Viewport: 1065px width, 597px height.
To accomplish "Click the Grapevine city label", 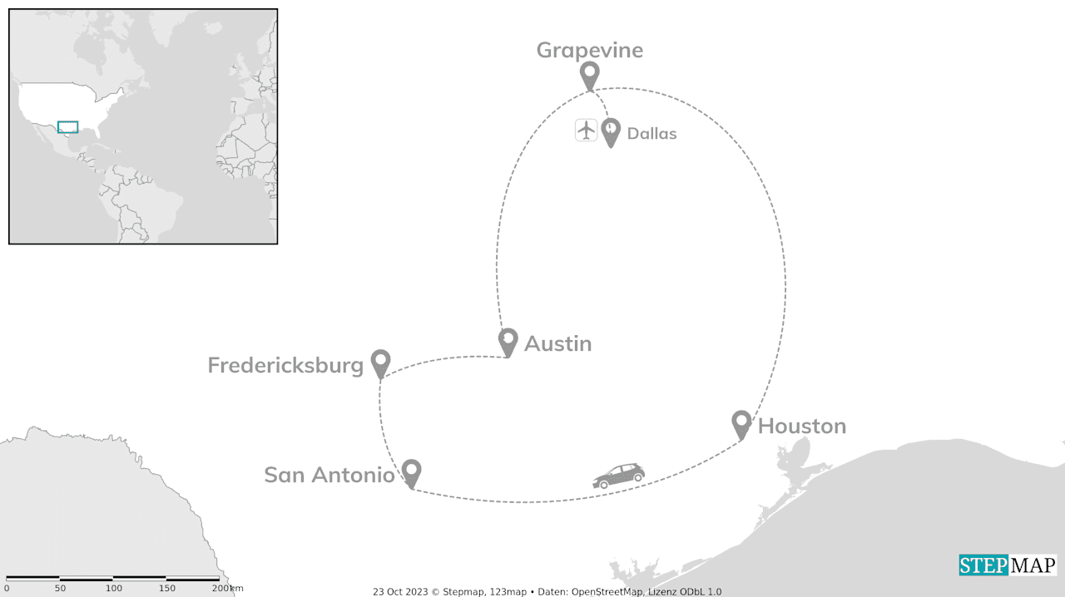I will [x=589, y=50].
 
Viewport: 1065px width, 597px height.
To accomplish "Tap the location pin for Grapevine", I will [x=589, y=75].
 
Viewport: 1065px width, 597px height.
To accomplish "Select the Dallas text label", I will [x=651, y=133].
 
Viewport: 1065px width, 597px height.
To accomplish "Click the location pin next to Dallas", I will [x=611, y=131].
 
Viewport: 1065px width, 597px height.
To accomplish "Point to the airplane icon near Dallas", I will [x=587, y=130].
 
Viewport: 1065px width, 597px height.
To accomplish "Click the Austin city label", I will [x=557, y=343].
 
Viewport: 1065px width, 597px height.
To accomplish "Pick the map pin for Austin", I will [x=508, y=341].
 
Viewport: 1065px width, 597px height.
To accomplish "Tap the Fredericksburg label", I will [x=285, y=365].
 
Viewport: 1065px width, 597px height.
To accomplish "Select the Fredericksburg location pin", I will [x=380, y=363].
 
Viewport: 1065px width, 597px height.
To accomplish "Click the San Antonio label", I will [x=329, y=475].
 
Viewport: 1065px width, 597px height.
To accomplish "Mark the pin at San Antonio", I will [x=411, y=472].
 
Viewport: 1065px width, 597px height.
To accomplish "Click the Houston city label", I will [x=802, y=426].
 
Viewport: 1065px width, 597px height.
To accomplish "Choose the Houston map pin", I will [x=741, y=423].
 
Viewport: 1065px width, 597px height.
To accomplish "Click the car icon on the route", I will [x=618, y=476].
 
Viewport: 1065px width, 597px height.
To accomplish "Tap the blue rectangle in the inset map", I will [x=67, y=126].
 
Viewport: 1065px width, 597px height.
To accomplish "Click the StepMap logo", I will [x=1007, y=565].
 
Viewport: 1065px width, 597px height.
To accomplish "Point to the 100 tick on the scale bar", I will [x=113, y=588].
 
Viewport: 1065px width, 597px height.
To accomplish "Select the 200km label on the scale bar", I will [x=227, y=588].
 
